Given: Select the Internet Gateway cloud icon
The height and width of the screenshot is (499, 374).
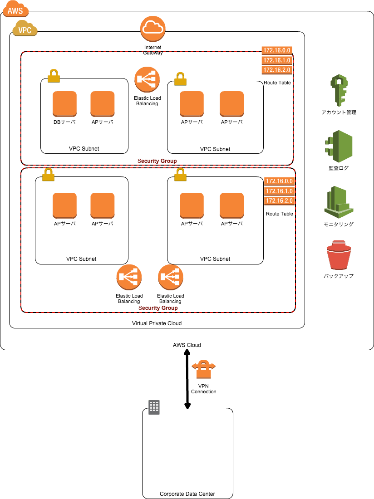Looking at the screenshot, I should point(153,28).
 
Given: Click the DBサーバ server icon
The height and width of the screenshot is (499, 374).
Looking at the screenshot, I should point(64,103).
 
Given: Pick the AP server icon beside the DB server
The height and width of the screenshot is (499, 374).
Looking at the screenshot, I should point(103,103).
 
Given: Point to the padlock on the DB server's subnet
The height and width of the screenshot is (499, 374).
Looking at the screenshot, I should point(54,76).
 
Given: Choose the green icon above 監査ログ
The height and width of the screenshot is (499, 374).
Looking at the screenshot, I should point(338,147).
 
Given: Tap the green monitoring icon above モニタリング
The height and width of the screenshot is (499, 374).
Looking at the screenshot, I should point(338,201).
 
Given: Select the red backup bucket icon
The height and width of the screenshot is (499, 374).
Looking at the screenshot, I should point(339,256).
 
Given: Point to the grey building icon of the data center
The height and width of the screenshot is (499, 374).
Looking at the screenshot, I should point(154,407).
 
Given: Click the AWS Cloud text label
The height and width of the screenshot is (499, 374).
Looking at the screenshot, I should point(187,345).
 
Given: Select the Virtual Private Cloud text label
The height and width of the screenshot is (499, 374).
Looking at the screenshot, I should point(157,323).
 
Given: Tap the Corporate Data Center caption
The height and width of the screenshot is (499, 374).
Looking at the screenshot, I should point(187,494).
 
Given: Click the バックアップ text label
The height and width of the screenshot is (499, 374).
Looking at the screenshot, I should point(339,276).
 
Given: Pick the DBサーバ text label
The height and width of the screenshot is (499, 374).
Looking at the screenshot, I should point(64,122).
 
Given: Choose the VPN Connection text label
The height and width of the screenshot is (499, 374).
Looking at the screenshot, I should point(203,389).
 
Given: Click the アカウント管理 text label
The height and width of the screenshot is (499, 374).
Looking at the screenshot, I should point(339,113).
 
